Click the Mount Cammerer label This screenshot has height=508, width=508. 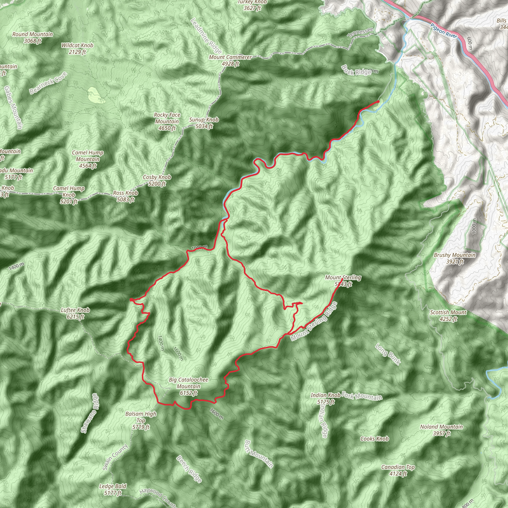point(230,60)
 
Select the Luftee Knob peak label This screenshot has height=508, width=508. point(75,313)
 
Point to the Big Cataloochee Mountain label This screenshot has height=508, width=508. point(188,386)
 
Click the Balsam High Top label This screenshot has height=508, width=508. point(141,420)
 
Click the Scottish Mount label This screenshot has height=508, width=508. point(448,316)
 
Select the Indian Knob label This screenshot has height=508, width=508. point(325,398)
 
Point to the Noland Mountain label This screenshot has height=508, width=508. point(442,430)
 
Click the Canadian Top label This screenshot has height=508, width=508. point(398,470)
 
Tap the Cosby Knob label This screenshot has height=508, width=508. point(157,180)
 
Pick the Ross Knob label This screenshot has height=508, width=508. point(126,196)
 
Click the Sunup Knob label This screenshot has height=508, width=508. point(204,123)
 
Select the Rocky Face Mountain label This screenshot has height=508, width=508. point(167,122)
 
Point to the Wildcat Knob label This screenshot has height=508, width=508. point(77,48)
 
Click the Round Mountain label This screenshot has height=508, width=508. point(32,37)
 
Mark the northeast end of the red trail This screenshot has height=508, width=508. point(378,101)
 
